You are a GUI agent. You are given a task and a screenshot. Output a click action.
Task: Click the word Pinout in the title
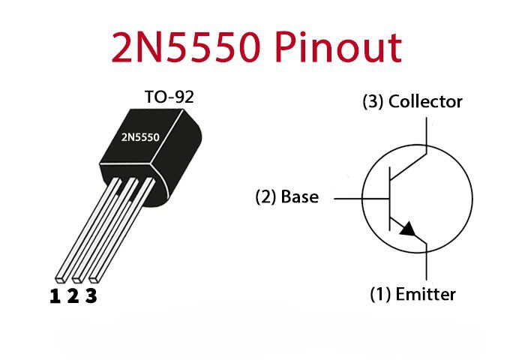(x=339, y=47)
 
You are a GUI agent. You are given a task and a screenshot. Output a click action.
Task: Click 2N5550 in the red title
(x=185, y=47)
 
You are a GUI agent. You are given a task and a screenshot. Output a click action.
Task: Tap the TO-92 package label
(x=169, y=97)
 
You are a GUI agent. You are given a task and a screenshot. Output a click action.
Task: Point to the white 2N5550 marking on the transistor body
(x=140, y=137)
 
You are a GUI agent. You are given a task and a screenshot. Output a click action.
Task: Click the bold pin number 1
(x=55, y=296)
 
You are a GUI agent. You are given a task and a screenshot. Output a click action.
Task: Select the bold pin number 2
(x=73, y=296)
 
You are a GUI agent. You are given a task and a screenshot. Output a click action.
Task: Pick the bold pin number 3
(x=91, y=296)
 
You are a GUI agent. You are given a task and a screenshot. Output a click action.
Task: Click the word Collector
(x=425, y=101)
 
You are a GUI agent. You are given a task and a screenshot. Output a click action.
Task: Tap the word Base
(x=300, y=196)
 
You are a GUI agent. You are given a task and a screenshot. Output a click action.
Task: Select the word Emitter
(x=425, y=294)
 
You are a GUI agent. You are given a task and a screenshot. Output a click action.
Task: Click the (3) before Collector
(x=373, y=102)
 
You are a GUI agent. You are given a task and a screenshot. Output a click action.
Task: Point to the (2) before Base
(x=265, y=197)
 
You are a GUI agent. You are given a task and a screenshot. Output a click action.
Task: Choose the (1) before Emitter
(x=380, y=295)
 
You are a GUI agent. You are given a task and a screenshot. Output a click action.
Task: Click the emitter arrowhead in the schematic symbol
(x=408, y=229)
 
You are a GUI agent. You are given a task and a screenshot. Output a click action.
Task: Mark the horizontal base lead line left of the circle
(x=348, y=199)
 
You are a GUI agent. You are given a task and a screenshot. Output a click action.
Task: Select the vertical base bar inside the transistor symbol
(x=390, y=199)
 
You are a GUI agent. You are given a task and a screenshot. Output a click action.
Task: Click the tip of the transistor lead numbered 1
(x=60, y=278)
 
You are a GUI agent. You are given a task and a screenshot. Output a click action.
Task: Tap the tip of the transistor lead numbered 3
(x=94, y=278)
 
